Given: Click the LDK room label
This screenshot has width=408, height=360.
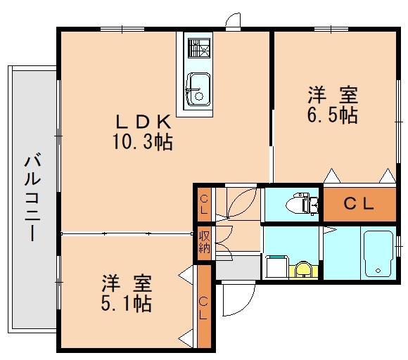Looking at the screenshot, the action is (144, 122).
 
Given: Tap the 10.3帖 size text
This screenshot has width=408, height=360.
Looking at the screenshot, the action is (143, 142).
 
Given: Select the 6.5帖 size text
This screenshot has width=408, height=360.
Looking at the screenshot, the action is (332, 115).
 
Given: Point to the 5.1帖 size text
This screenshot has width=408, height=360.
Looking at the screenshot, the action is (126, 303).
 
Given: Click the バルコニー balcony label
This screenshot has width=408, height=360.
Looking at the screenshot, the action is (32, 198).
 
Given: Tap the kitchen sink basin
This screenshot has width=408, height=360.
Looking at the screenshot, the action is (199, 89).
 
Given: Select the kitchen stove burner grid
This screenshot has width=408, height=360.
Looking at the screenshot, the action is (199, 48).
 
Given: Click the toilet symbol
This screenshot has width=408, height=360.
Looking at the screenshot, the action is (302, 203).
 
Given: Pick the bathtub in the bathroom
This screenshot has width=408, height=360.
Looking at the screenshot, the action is (378, 254).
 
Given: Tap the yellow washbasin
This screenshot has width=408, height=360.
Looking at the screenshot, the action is (303, 270).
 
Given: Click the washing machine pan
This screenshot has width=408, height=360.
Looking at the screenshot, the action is (276, 267).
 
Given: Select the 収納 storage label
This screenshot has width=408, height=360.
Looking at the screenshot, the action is (205, 243).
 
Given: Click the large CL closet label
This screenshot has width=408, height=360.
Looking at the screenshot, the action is (359, 204).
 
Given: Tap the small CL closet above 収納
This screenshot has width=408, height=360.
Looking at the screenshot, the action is (204, 205).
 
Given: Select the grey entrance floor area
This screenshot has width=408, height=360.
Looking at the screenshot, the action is (238, 267).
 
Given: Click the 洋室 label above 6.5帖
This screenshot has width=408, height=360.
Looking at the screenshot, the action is (333, 96).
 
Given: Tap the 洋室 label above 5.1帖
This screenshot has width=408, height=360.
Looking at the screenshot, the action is (127, 283).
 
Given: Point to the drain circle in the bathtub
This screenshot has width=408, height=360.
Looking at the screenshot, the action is (378, 271).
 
